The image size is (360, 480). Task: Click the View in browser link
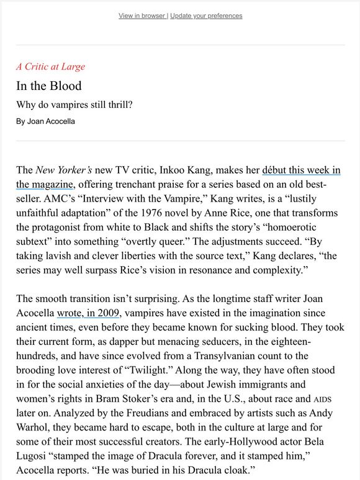[x=142, y=16]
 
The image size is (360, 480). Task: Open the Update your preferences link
[x=206, y=16]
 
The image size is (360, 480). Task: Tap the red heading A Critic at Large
[x=51, y=66]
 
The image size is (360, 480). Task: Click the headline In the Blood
[x=49, y=86]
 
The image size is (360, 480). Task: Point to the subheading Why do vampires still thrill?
[x=74, y=104]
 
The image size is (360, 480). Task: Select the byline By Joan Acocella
[x=45, y=121]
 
